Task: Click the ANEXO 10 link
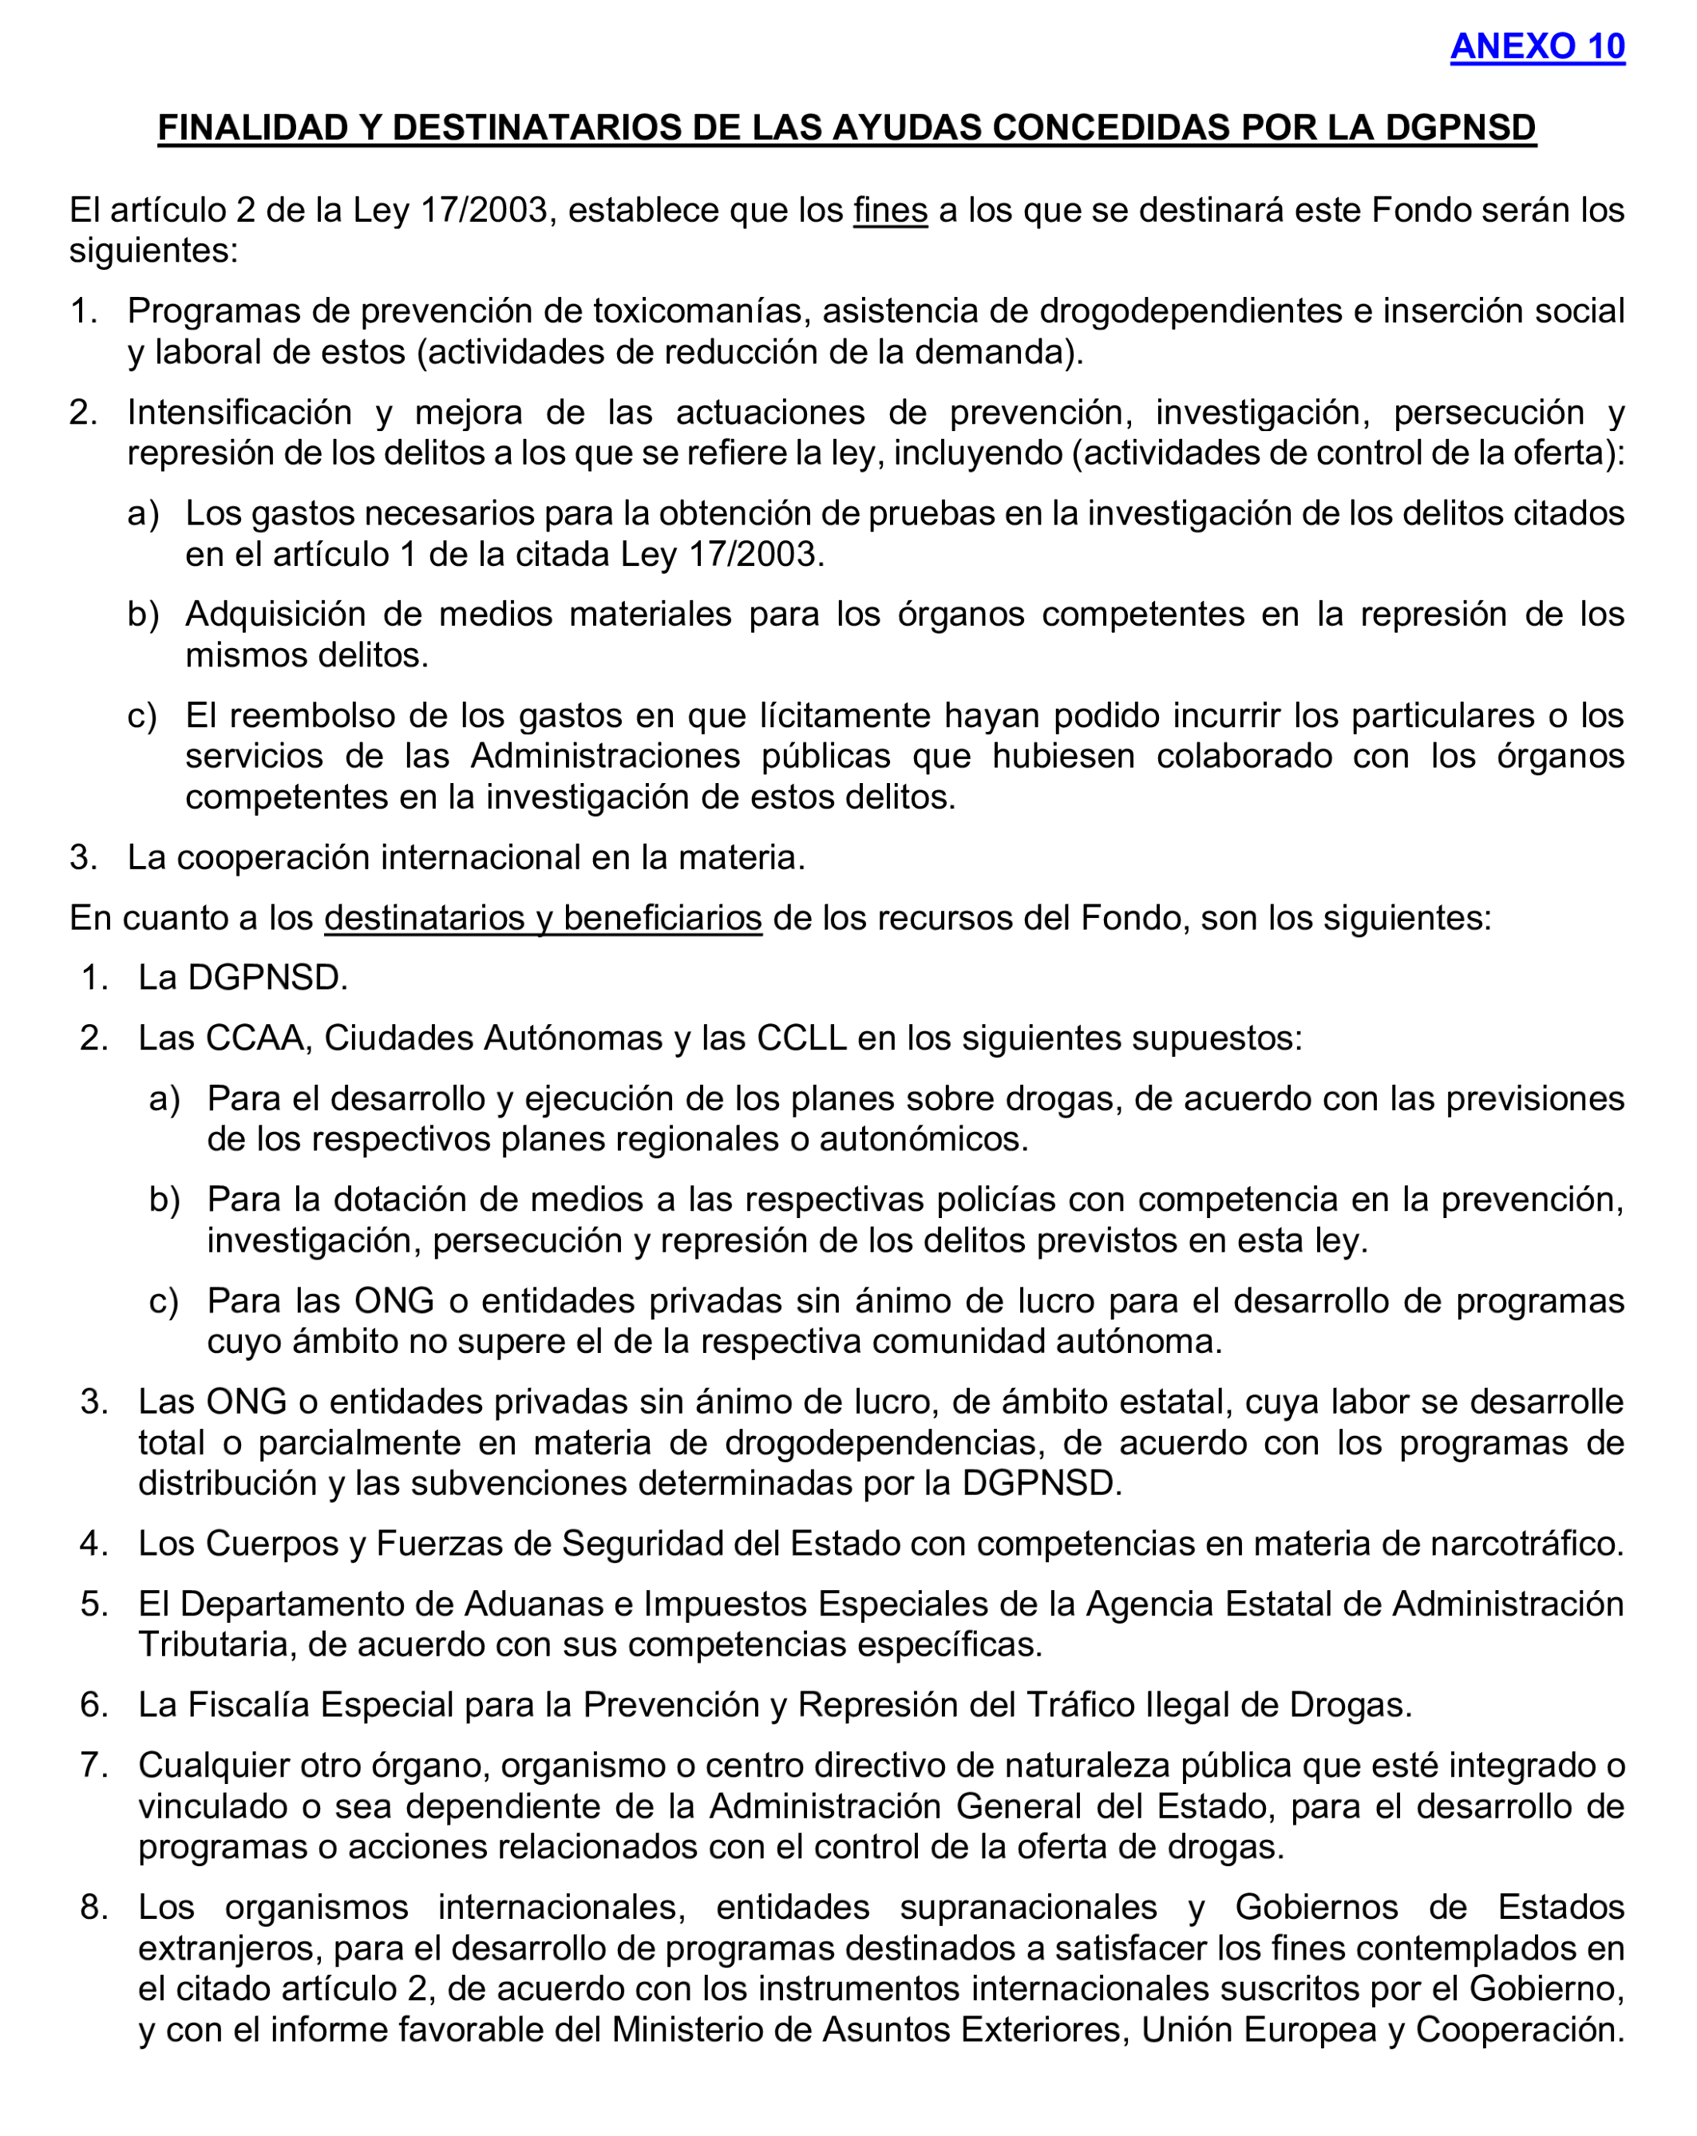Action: coord(1537,46)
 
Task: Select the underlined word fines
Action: coord(890,210)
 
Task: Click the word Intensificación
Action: coord(239,412)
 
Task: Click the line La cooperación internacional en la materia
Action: coord(465,857)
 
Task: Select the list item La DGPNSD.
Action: coord(243,978)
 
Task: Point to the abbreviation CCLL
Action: coord(801,1038)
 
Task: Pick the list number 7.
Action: coord(93,1766)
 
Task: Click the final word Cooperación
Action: coord(1520,2029)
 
